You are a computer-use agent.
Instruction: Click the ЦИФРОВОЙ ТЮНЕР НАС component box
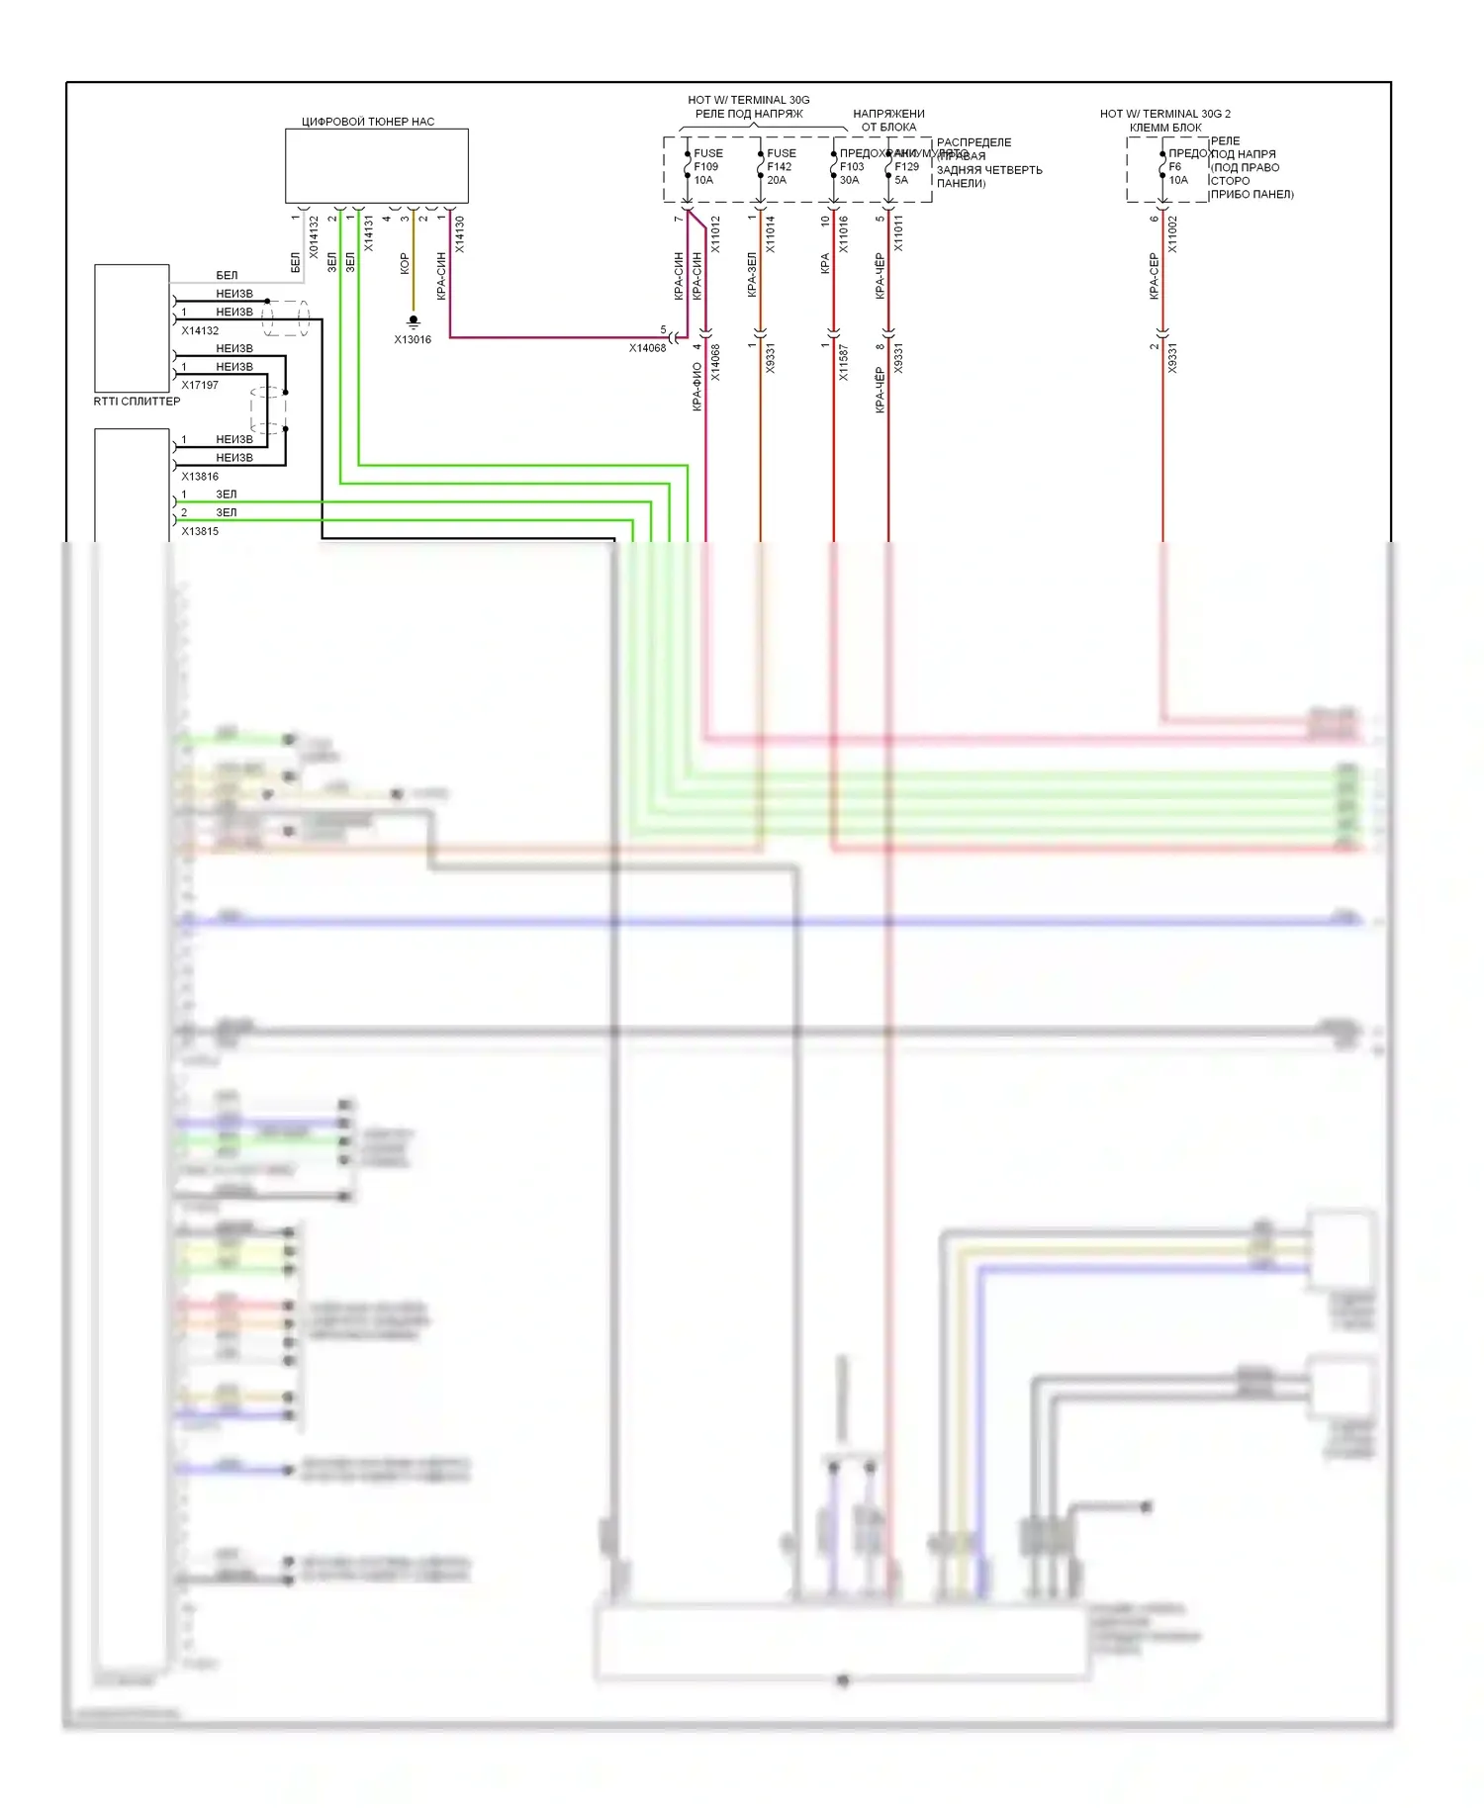pyautogui.click(x=376, y=166)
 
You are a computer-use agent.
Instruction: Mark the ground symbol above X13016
pyautogui.click(x=414, y=320)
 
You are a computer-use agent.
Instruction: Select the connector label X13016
pyautogui.click(x=413, y=340)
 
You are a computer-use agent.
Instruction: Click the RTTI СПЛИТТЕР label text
pyautogui.click(x=137, y=402)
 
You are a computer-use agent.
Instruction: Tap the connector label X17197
pyautogui.click(x=200, y=386)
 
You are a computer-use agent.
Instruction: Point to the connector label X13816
pyautogui.click(x=200, y=477)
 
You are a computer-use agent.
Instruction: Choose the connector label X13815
pyautogui.click(x=200, y=532)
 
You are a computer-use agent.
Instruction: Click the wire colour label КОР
pyautogui.click(x=405, y=263)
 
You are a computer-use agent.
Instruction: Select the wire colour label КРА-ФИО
pyautogui.click(x=697, y=387)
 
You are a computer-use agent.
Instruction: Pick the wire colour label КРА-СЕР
pyautogui.click(x=1154, y=276)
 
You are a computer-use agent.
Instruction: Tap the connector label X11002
pyautogui.click(x=1173, y=235)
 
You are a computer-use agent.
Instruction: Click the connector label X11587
pyautogui.click(x=844, y=363)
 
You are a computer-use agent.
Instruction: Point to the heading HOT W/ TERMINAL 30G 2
pyautogui.click(x=1165, y=114)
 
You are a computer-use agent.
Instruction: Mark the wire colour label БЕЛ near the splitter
pyautogui.click(x=227, y=276)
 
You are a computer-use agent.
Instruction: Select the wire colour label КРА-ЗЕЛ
pyautogui.click(x=752, y=275)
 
